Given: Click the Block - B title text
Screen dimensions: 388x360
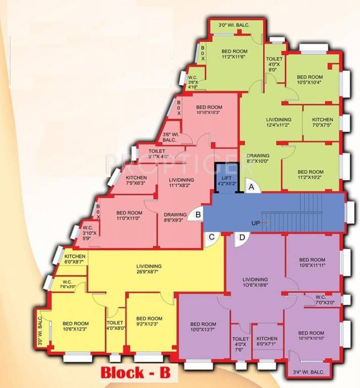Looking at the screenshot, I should (x=136, y=374).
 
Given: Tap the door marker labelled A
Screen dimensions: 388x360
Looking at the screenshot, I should (x=251, y=186).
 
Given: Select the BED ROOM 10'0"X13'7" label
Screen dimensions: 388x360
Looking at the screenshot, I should (x=203, y=327).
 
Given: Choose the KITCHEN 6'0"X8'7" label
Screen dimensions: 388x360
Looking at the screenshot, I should (x=75, y=259).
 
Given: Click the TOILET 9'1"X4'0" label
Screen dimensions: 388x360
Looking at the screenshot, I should (x=157, y=153).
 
